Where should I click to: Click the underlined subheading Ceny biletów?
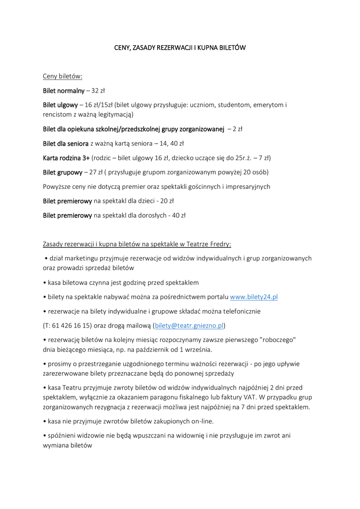coord(63,77)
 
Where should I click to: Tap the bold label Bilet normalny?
coord(64,91)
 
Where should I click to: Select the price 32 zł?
coord(98,91)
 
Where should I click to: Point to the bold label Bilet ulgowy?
coord(60,105)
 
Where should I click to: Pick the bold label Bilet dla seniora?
coord(66,144)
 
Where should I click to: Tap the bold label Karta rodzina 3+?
coord(66,158)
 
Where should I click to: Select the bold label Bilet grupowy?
coord(63,172)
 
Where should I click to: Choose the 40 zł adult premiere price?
coord(177,216)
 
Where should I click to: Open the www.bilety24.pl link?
coord(254,297)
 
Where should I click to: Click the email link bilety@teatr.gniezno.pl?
coord(189,326)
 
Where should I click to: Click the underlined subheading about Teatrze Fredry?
coord(137,244)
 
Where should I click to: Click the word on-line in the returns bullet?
coord(203,422)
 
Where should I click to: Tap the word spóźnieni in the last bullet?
coord(63,435)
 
